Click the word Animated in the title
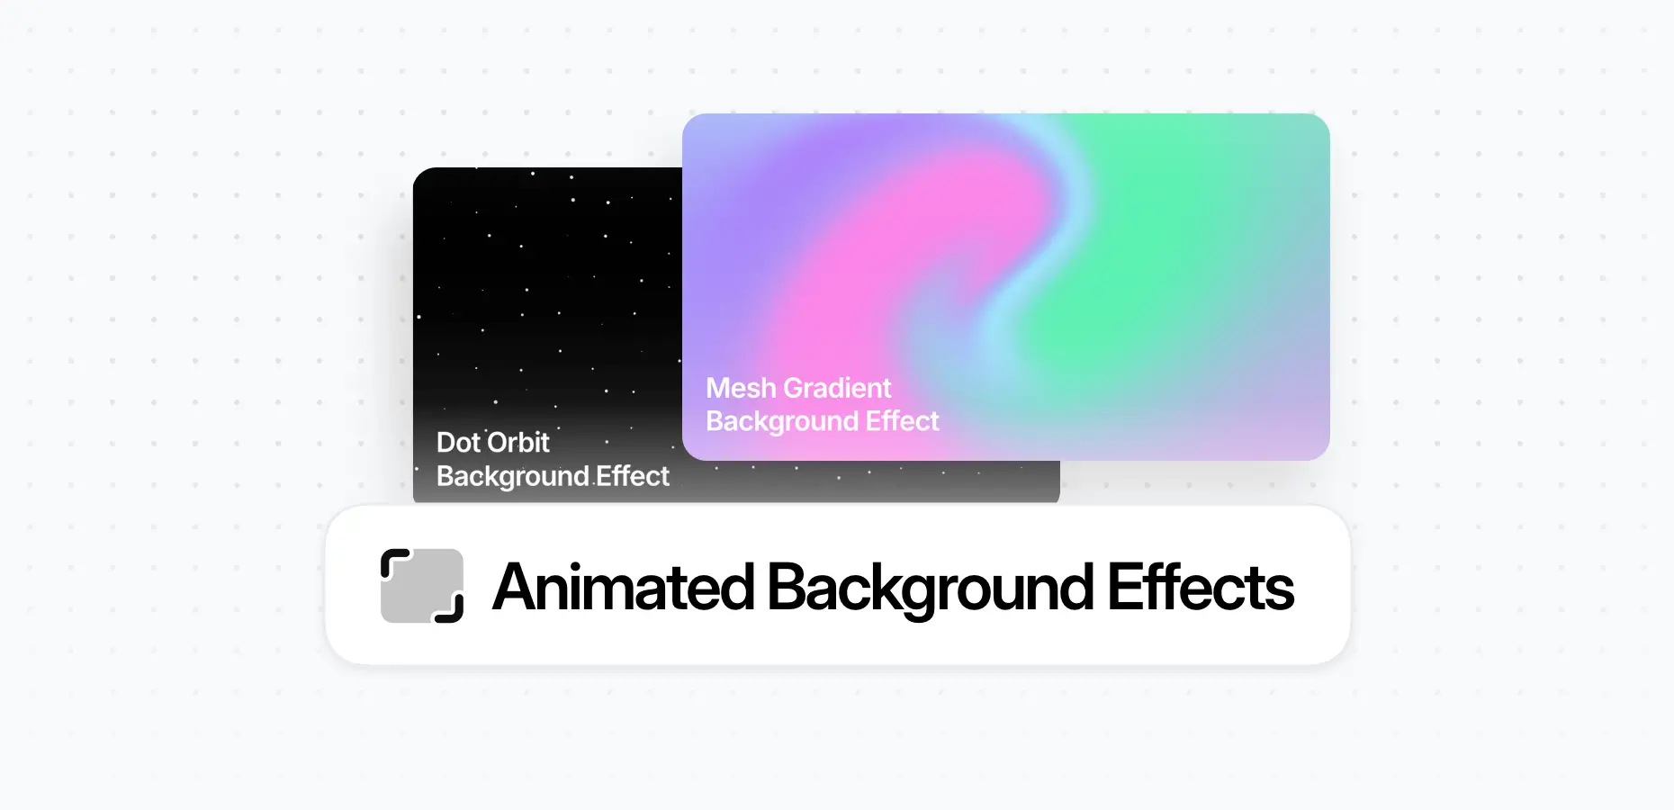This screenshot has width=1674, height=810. (x=623, y=588)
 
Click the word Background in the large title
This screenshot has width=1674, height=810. (x=930, y=588)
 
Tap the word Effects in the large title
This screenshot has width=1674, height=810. (x=1201, y=588)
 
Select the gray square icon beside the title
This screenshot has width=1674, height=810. (x=421, y=586)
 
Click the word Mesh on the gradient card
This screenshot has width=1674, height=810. (x=741, y=388)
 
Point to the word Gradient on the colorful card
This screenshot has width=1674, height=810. (x=837, y=388)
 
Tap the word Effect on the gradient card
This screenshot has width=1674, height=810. (x=902, y=421)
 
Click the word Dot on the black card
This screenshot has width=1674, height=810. (x=458, y=443)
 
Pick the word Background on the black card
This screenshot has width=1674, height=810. (x=513, y=476)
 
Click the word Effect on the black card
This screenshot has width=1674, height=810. (x=634, y=476)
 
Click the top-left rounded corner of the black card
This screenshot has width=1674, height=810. (x=424, y=178)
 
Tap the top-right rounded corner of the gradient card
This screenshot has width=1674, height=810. (x=1318, y=125)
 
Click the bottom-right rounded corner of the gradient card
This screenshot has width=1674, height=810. (x=1318, y=449)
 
